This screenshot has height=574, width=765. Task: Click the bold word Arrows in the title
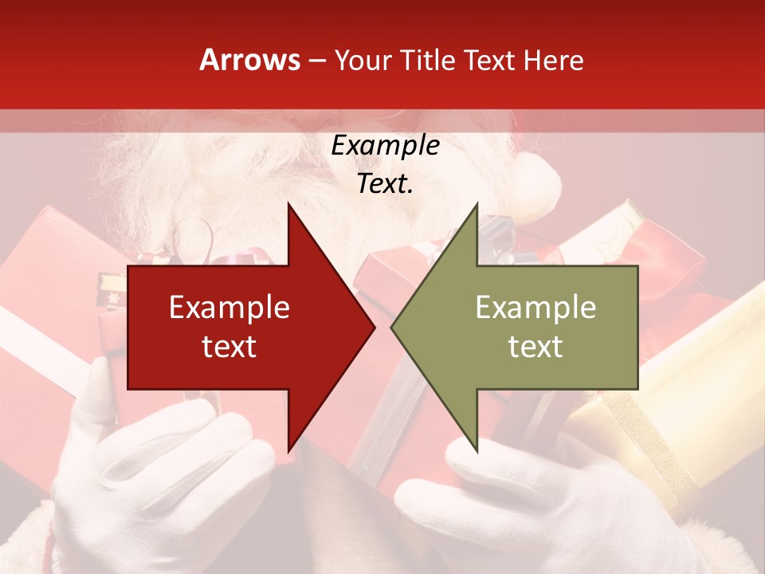pyautogui.click(x=250, y=60)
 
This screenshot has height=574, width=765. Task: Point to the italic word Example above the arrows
pyautogui.click(x=385, y=146)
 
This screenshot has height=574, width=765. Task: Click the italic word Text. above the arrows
pyautogui.click(x=385, y=184)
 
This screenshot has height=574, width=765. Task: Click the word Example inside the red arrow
pyautogui.click(x=229, y=307)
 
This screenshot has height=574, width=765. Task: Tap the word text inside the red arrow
pyautogui.click(x=229, y=346)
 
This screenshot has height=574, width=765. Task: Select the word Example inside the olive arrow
pyautogui.click(x=535, y=307)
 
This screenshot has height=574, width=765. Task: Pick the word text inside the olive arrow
pyautogui.click(x=535, y=346)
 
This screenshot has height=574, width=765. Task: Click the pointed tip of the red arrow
pyautogui.click(x=373, y=327)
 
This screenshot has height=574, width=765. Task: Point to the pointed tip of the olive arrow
pyautogui.click(x=393, y=327)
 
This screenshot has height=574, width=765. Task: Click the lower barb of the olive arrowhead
pyautogui.click(x=476, y=446)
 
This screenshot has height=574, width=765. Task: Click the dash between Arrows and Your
pyautogui.click(x=316, y=61)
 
